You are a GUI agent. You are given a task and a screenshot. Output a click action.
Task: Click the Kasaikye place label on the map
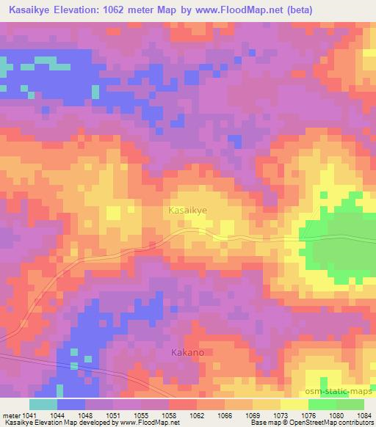[x=188, y=210]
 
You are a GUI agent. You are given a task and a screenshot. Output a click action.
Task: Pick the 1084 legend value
[x=364, y=415]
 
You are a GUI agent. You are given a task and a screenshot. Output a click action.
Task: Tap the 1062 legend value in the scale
[x=197, y=415]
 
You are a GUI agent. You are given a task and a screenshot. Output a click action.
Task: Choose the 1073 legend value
[x=281, y=415]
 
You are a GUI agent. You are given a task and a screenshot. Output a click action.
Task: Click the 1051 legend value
[x=113, y=415]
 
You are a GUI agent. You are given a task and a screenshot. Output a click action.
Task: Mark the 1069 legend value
[x=253, y=415]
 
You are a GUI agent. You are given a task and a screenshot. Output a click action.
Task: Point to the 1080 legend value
[x=336, y=415]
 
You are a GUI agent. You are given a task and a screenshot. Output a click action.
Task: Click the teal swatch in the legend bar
[x=43, y=404]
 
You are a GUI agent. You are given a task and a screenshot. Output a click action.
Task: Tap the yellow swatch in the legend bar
[x=294, y=404]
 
